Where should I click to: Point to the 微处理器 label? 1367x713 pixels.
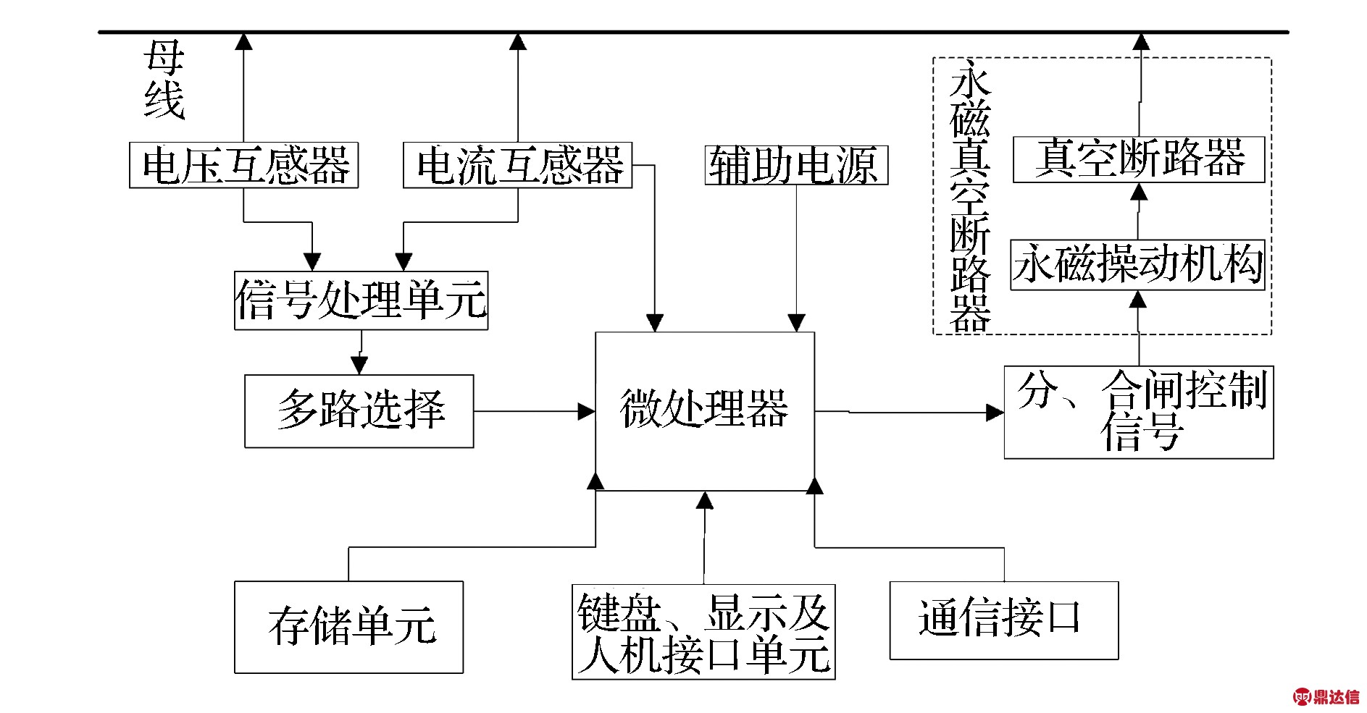[x=704, y=409]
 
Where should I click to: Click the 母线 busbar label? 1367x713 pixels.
[x=164, y=80]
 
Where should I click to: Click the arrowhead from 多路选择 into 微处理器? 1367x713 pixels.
[x=587, y=411]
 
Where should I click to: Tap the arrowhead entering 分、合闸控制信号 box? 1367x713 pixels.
[x=995, y=413]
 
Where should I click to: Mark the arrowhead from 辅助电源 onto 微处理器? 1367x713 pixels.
[x=797, y=323]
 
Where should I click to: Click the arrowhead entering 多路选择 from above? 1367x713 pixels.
[x=359, y=366]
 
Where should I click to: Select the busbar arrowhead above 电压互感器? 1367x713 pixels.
[x=244, y=41]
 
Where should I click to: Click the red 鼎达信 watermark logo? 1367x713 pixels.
[x=1326, y=696]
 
